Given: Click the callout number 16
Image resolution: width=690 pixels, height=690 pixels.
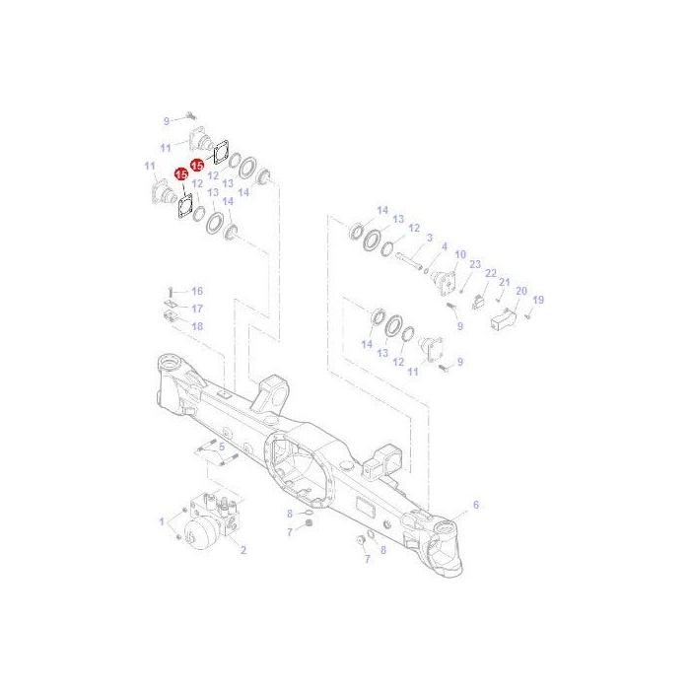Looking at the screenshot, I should point(196,291).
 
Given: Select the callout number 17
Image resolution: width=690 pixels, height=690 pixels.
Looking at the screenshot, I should point(196,309).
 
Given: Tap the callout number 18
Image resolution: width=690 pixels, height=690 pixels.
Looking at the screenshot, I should point(196,325).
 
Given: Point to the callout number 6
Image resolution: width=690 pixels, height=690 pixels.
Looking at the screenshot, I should point(476,505).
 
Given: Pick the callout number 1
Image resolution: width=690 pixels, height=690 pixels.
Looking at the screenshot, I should point(162,519).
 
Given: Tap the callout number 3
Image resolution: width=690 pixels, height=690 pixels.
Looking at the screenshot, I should point(429,238).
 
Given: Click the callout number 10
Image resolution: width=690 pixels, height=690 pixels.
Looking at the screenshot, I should point(460,255).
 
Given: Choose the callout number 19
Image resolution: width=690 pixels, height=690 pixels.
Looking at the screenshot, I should point(538,300).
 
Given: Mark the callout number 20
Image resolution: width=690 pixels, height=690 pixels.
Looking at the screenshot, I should point(521,291).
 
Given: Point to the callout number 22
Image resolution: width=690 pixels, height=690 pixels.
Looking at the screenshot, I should point(490,273).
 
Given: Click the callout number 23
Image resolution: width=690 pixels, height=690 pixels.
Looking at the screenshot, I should point(474,264).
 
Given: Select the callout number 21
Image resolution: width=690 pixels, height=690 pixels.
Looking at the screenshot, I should point(504,282).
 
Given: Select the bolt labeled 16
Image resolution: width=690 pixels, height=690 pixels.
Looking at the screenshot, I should point(172,291).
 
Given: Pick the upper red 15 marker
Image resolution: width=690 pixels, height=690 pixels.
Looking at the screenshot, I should point(197,165).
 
